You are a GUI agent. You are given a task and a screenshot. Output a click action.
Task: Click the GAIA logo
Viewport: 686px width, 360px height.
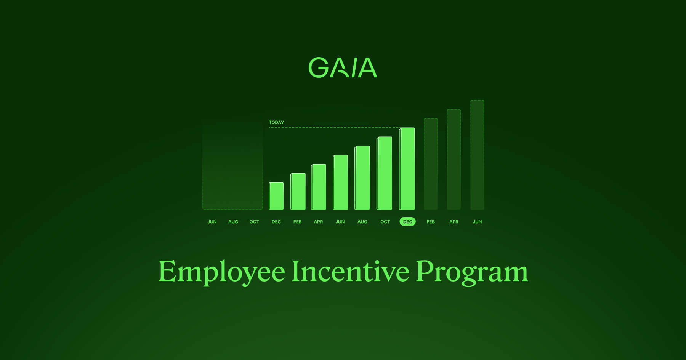tap(343, 68)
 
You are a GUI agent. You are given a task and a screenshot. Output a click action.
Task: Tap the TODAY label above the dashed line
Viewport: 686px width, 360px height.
tap(276, 122)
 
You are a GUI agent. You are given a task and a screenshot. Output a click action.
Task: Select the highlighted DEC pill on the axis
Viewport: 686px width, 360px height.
tap(407, 222)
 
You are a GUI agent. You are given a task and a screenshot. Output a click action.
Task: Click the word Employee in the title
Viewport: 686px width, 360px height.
tap(221, 272)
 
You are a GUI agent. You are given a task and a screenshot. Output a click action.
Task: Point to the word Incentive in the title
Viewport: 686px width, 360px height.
tap(350, 271)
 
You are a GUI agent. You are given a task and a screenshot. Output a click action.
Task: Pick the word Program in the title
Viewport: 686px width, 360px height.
tap(472, 272)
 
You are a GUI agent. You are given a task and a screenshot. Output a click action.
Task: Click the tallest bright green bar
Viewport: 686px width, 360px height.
tap(407, 169)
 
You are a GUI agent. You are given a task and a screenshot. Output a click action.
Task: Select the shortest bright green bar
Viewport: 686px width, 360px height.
tap(276, 196)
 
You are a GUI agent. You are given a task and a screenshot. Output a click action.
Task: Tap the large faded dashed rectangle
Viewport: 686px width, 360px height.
tap(232, 166)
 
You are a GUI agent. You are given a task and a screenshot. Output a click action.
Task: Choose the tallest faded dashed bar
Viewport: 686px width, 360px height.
tap(477, 155)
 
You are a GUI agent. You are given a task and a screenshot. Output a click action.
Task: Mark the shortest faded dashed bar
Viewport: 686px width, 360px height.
tap(431, 164)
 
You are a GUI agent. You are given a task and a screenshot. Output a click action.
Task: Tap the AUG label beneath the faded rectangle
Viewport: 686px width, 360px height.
tap(233, 222)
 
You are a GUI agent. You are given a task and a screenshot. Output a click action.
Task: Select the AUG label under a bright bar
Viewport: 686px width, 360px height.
tap(362, 222)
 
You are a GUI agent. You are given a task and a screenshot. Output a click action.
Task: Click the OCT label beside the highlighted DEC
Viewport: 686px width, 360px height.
tap(385, 222)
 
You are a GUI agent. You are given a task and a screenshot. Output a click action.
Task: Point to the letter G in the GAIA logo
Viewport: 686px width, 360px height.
tap(318, 68)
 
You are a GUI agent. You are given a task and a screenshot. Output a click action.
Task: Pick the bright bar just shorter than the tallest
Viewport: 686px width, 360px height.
tap(385, 173)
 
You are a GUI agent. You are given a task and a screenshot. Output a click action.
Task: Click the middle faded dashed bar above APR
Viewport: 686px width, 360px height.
tap(454, 159)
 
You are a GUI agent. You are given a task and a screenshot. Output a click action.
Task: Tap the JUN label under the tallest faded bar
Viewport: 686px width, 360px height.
tap(477, 222)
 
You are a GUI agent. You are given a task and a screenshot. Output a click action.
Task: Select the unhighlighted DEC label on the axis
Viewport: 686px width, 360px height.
tap(276, 222)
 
